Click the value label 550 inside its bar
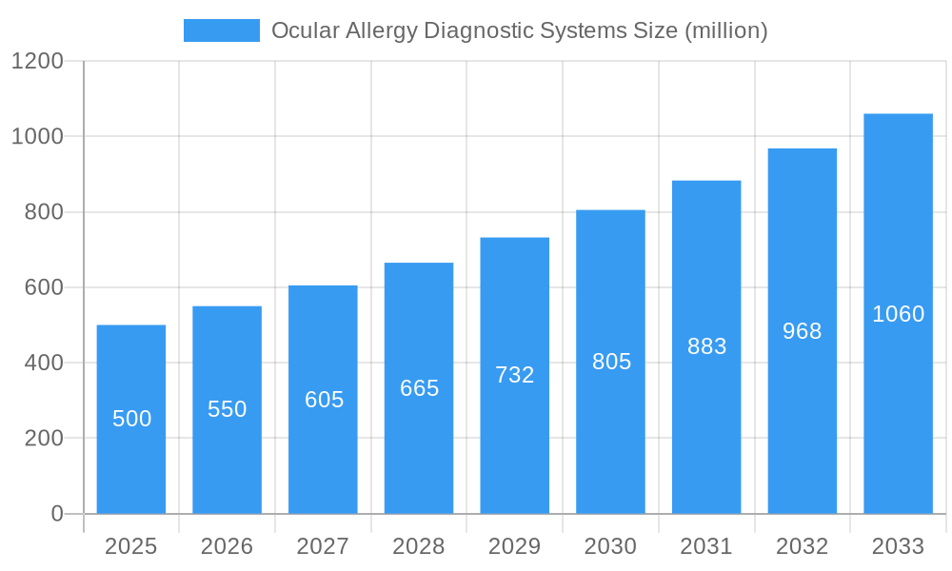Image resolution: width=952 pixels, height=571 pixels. (x=228, y=409)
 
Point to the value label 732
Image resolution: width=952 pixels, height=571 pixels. (x=515, y=375)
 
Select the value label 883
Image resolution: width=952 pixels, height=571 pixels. (x=706, y=346)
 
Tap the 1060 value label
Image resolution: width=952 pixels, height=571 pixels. (x=898, y=314)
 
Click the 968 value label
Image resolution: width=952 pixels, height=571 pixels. (x=802, y=331)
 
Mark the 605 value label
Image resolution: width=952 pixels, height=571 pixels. (x=324, y=400)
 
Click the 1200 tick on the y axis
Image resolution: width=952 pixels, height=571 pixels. (x=37, y=62)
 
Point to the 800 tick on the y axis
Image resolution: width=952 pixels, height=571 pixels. (x=44, y=212)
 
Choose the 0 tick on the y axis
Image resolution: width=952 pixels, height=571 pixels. (x=56, y=514)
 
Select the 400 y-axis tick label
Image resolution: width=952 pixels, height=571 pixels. (x=44, y=363)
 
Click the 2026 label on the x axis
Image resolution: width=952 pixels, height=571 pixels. (x=228, y=546)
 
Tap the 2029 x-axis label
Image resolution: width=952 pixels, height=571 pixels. (x=515, y=546)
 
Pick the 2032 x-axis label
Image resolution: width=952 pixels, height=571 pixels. (x=802, y=546)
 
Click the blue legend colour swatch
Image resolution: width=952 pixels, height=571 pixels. (x=222, y=30)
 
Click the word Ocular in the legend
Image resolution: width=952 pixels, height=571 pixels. (x=301, y=30)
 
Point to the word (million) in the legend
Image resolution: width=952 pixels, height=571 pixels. (x=726, y=30)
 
